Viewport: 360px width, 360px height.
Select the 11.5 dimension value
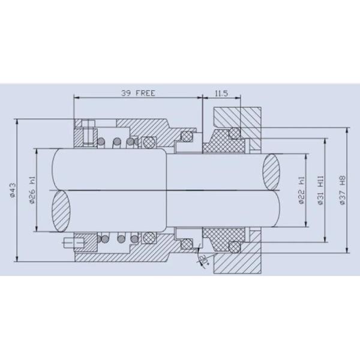click(x=221, y=93)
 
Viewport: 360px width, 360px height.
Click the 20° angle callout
click(x=203, y=259)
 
